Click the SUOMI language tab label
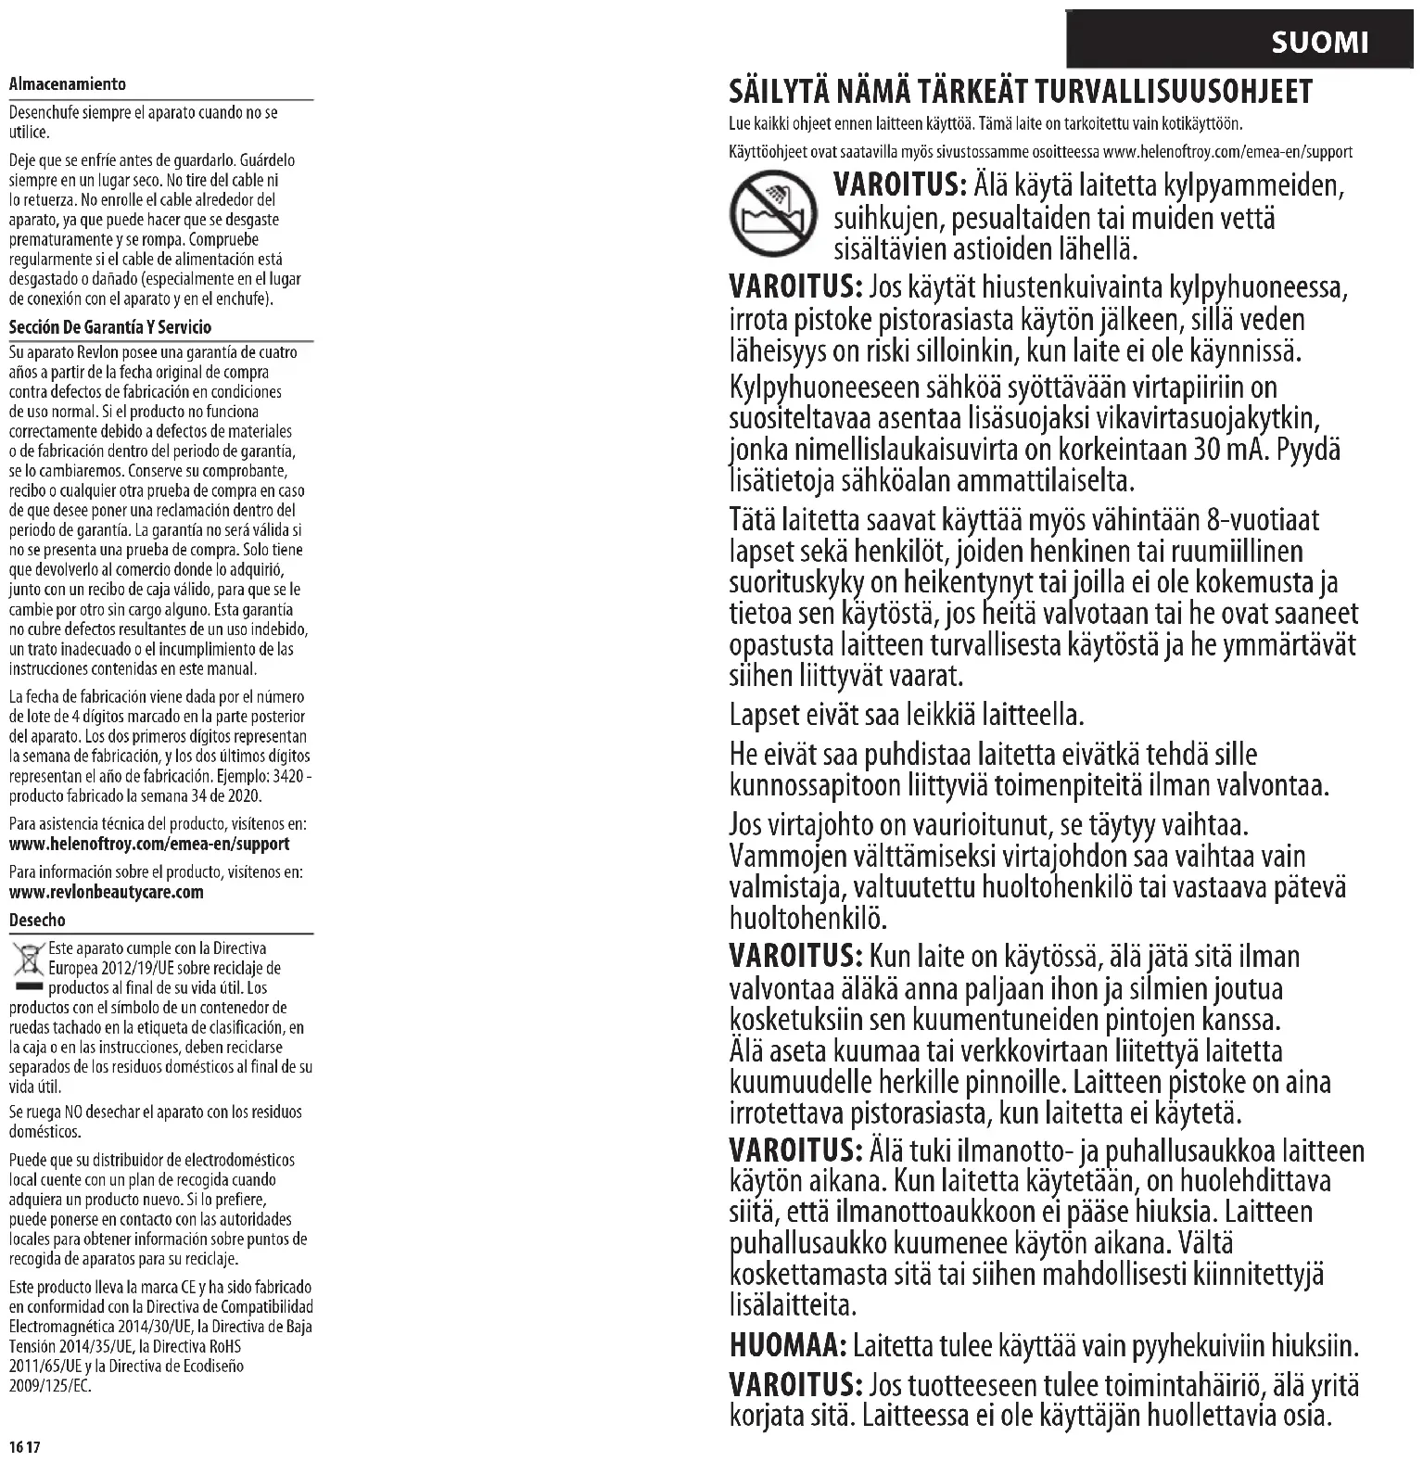[x=1319, y=43]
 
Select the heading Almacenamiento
[x=67, y=84]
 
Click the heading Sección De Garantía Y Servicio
[x=109, y=327]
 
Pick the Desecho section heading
[x=37, y=921]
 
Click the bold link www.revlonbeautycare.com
[x=106, y=892]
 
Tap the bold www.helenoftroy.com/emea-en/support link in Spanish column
[x=148, y=844]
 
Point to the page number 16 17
[x=26, y=1447]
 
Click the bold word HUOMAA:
[x=786, y=1344]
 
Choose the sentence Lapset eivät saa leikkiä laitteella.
[x=906, y=716]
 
